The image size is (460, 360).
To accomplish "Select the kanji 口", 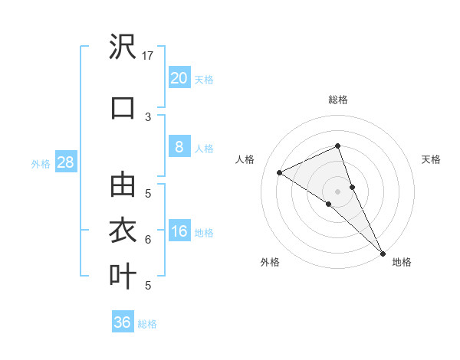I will tap(123, 107).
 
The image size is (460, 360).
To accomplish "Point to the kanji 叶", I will tap(123, 275).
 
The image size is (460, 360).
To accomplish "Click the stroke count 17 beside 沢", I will tap(148, 55).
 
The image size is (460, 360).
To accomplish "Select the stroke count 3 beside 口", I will tap(148, 116).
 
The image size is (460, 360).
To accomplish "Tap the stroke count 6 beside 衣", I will tap(148, 239).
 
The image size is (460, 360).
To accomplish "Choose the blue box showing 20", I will tap(179, 77).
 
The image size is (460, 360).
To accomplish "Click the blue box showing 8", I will tap(179, 147).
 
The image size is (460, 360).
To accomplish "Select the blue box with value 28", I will tap(65, 162).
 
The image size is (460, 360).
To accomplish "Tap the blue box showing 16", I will tap(179, 231).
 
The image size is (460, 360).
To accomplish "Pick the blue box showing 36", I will tap(122, 322).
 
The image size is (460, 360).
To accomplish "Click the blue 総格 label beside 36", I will tap(147, 324).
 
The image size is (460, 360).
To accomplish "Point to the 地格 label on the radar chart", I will tap(402, 262).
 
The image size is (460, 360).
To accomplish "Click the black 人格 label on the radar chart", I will tap(245, 159).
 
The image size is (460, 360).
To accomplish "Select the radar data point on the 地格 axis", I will tap(383, 252).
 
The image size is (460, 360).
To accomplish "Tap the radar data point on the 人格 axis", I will tap(280, 172).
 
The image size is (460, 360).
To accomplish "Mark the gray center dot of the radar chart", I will tap(338, 191).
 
